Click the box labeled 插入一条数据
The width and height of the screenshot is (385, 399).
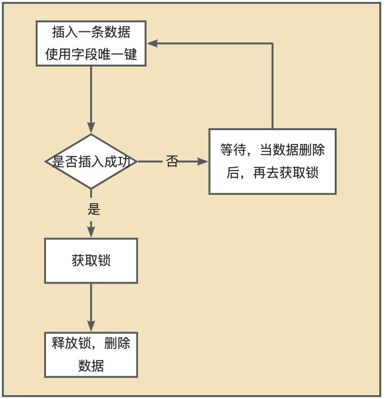(x=91, y=43)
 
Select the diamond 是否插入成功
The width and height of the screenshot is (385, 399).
(x=91, y=161)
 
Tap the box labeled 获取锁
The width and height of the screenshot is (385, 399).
(x=91, y=261)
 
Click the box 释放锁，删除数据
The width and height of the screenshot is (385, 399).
(x=91, y=355)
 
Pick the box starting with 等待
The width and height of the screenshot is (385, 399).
(x=272, y=161)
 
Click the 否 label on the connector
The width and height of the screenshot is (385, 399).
(x=172, y=162)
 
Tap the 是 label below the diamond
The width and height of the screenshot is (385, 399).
(x=94, y=209)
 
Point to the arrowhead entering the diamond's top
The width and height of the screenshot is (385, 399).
(x=91, y=127)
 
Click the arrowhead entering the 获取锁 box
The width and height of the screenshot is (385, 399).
(x=91, y=232)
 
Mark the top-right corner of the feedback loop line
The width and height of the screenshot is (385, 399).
(x=273, y=44)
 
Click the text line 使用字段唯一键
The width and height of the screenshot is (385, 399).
(x=91, y=55)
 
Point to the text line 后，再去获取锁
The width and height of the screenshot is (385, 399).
(x=272, y=173)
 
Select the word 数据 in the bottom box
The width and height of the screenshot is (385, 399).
(x=91, y=366)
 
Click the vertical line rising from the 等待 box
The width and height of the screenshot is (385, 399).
(x=273, y=85)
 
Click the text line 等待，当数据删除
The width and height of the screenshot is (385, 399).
(x=272, y=150)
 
